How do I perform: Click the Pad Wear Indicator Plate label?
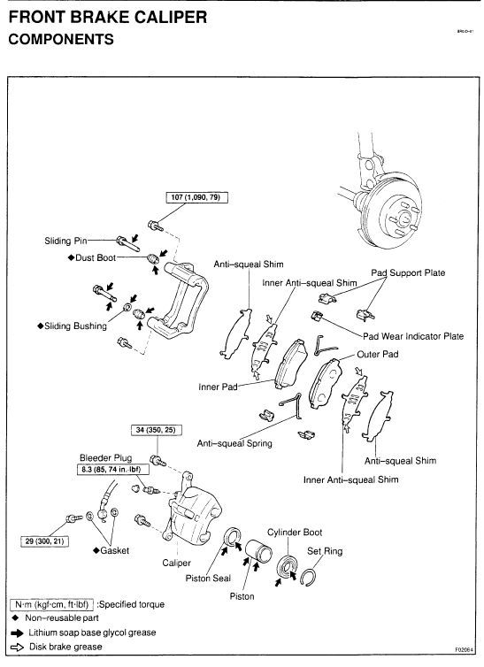(x=411, y=336)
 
